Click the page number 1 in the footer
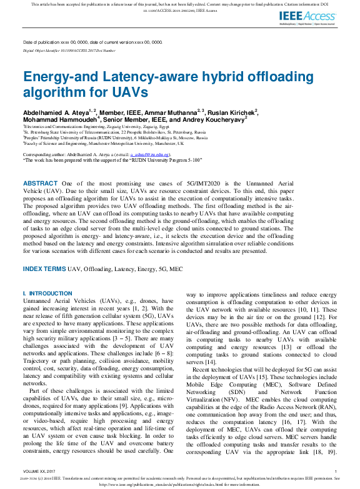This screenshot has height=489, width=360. click(336, 471)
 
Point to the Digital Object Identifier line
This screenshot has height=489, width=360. click(69, 50)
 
